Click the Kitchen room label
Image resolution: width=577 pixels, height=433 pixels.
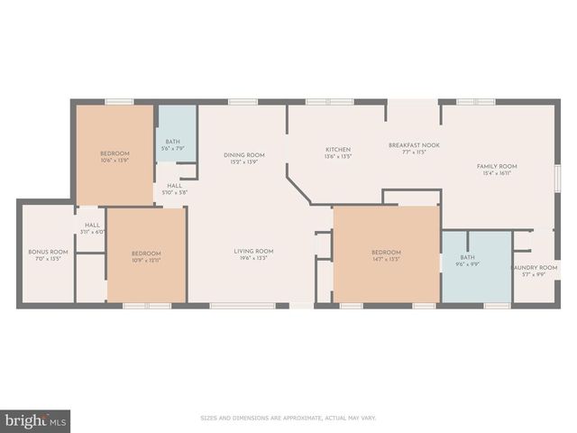338,149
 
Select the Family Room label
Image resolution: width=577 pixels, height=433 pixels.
497,166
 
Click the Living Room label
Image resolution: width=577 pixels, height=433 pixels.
253,251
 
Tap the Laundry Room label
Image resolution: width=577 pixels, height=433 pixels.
529,268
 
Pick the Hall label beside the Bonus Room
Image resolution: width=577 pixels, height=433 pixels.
92,226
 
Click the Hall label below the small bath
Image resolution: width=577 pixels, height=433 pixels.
174,186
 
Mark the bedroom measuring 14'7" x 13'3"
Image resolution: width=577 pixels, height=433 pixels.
386,257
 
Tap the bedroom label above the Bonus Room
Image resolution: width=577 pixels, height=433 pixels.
114,153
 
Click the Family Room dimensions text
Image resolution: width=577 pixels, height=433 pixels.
497,172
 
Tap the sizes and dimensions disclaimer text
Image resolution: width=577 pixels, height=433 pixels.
288,418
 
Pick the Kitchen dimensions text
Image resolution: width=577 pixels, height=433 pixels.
338,155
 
